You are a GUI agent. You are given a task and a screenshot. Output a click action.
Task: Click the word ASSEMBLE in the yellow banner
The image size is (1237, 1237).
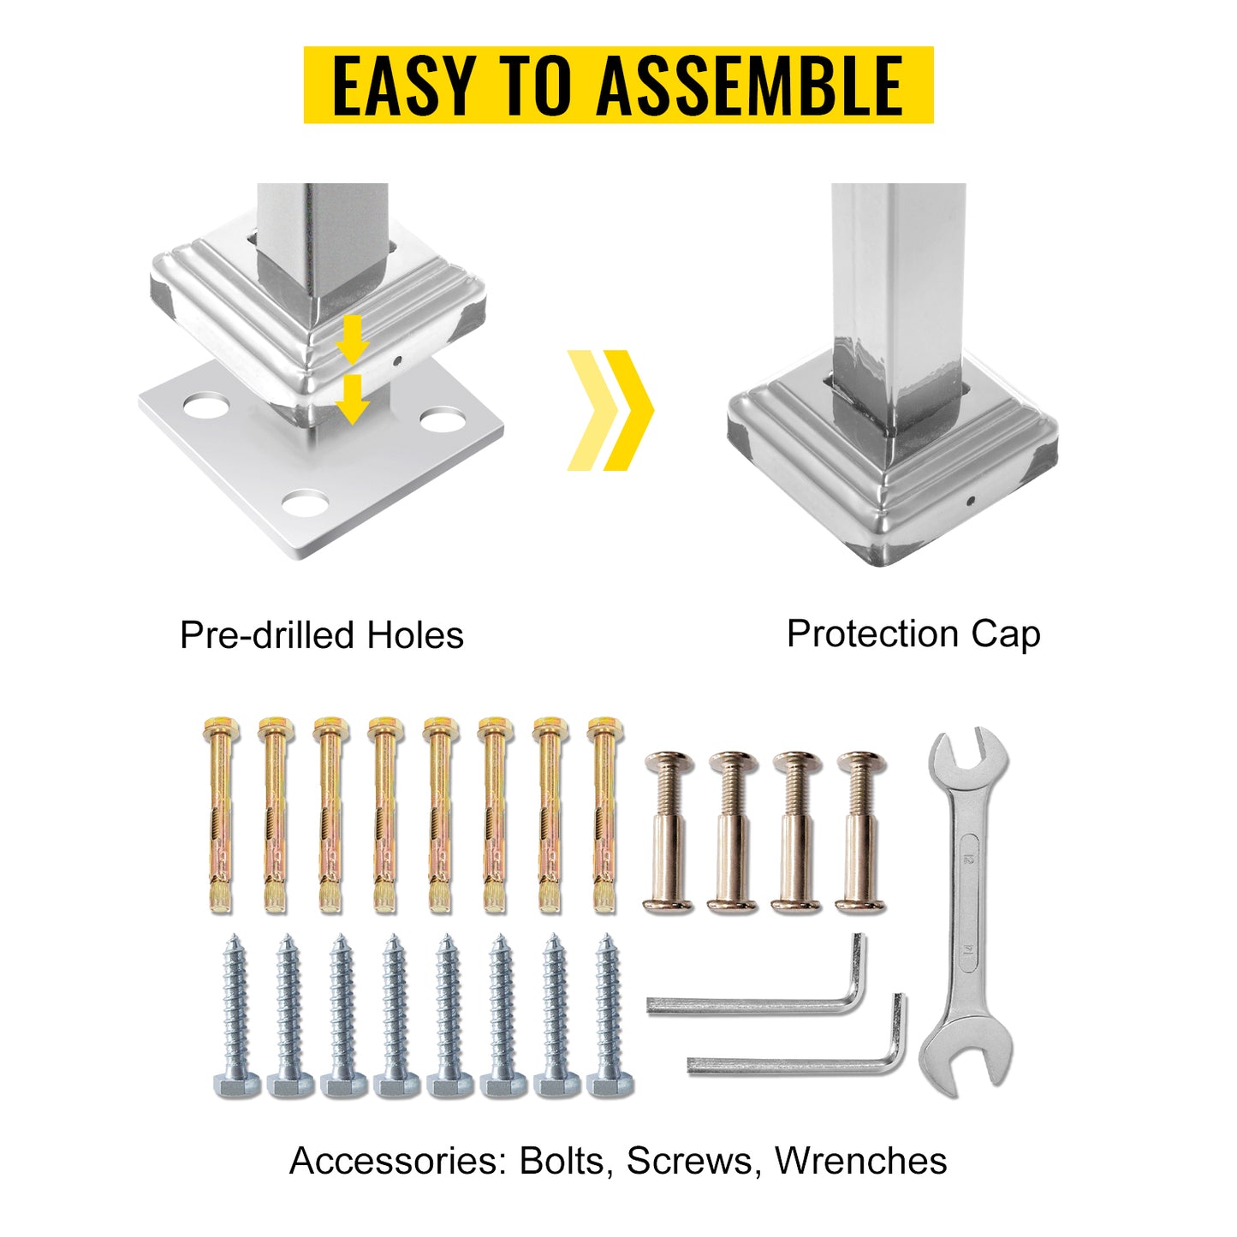coord(750,86)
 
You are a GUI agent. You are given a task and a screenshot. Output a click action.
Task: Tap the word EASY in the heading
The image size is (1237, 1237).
coord(402,86)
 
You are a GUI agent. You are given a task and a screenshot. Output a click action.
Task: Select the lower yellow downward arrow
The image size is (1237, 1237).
coord(352,400)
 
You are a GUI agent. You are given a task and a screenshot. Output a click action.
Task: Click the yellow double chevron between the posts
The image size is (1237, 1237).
coord(610,410)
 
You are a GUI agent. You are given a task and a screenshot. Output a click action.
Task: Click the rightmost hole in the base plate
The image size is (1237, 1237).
coord(441,421)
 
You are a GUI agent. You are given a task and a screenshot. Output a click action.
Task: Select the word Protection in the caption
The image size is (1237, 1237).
coord(872,634)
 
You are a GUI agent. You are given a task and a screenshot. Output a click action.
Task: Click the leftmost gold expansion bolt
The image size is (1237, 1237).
coord(220,813)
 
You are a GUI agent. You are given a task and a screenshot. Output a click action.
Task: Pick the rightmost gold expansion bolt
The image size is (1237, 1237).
coord(604,813)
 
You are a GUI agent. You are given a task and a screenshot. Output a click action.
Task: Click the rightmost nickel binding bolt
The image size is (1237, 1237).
coord(860,831)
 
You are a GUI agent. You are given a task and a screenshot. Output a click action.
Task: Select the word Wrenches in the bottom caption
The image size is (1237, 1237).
coord(860,1162)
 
